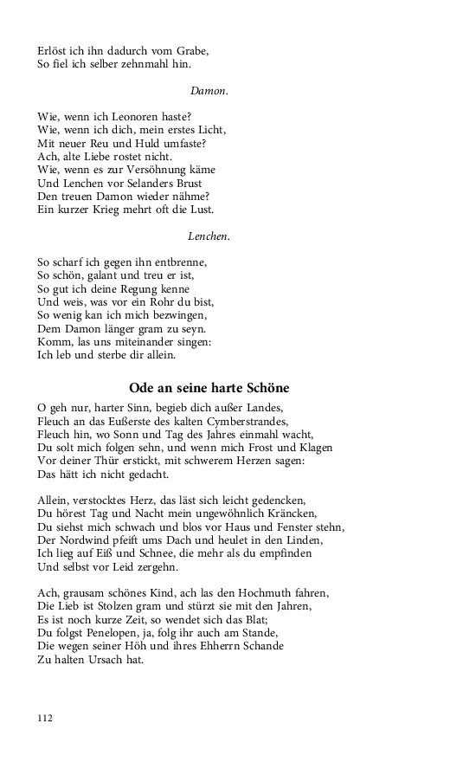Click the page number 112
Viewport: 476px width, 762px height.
(x=45, y=717)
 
